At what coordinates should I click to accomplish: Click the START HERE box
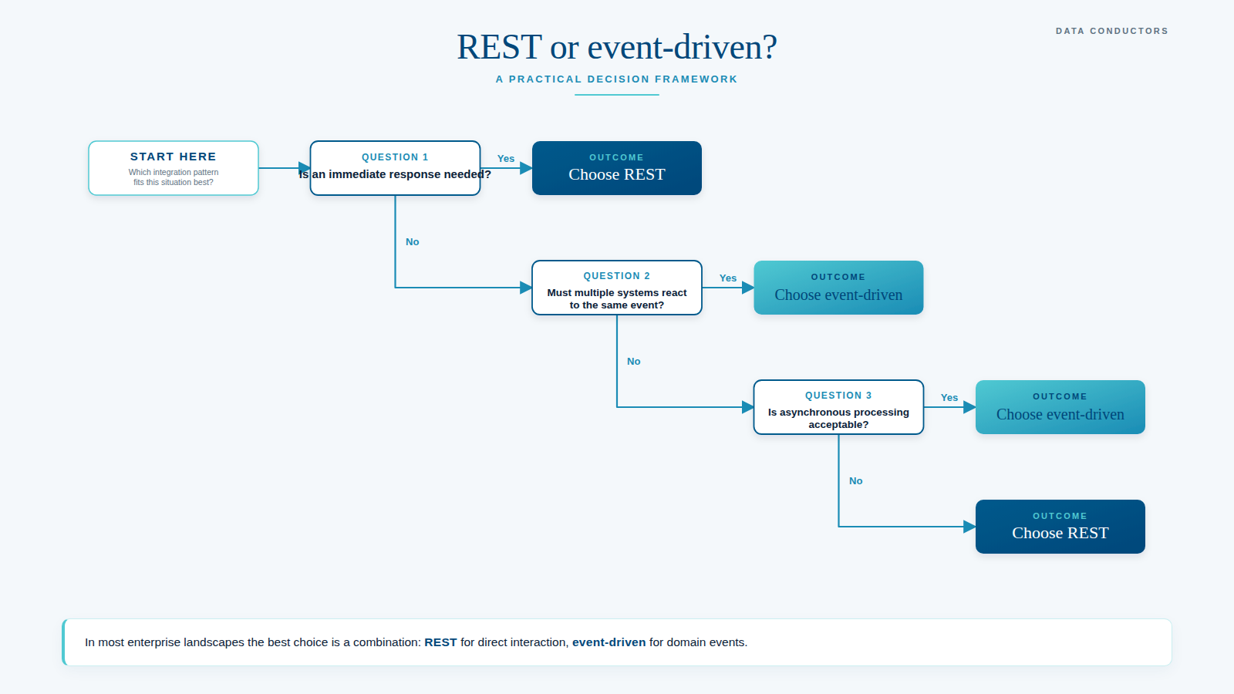click(x=174, y=168)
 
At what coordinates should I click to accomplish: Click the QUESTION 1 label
click(x=395, y=157)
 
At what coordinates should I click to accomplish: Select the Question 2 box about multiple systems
click(x=617, y=288)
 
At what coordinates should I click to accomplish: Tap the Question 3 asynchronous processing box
click(x=838, y=407)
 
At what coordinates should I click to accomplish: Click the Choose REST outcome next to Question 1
click(x=617, y=168)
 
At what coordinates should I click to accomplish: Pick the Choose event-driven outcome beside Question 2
click(x=838, y=288)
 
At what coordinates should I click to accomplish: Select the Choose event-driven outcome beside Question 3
click(x=1060, y=407)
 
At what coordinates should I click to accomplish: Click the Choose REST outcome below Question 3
click(x=1060, y=527)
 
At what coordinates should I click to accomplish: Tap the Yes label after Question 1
click(x=506, y=159)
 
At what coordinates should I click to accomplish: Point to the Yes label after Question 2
click(x=728, y=278)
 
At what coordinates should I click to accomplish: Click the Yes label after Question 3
click(x=949, y=398)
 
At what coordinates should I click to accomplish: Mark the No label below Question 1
click(x=413, y=242)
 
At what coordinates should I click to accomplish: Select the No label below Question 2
click(x=634, y=362)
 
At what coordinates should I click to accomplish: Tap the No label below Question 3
click(x=856, y=481)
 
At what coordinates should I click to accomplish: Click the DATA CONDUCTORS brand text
click(x=1111, y=31)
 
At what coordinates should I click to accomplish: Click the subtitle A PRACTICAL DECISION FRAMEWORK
click(x=617, y=79)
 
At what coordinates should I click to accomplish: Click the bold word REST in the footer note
click(x=440, y=642)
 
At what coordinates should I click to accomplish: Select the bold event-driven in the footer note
click(x=609, y=642)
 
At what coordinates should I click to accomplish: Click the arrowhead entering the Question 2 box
click(x=526, y=288)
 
